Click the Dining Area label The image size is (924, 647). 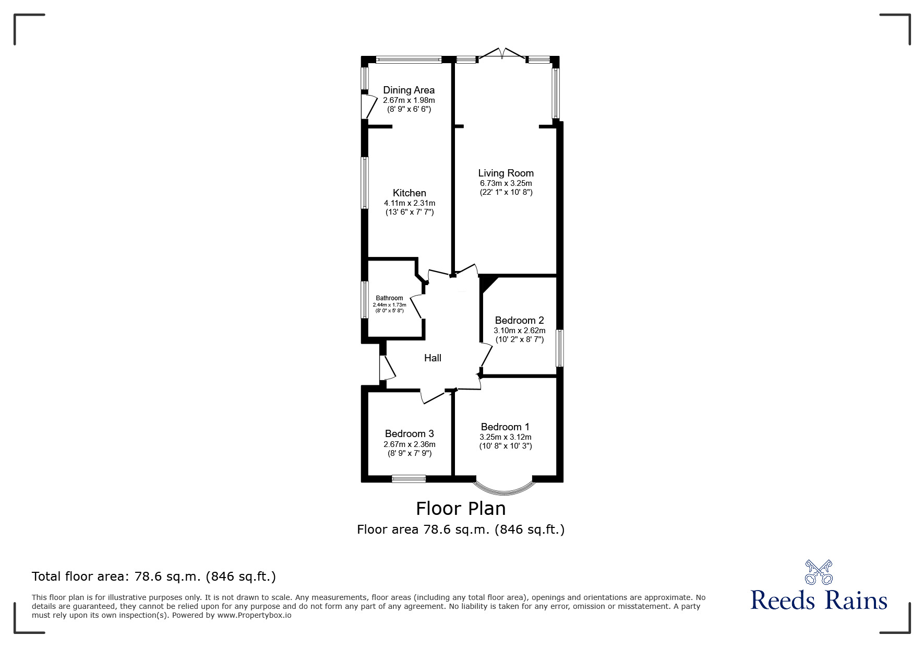click(x=409, y=90)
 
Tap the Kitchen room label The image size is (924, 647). click(x=410, y=193)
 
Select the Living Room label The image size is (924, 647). click(x=506, y=173)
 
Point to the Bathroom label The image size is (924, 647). click(x=389, y=298)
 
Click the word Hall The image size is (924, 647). click(x=433, y=358)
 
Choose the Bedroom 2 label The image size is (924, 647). click(x=519, y=321)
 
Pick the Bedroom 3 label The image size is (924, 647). click(x=409, y=434)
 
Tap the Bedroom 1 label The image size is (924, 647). click(x=505, y=427)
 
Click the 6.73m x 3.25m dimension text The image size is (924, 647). click(x=506, y=183)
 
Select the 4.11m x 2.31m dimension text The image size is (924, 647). click(x=410, y=203)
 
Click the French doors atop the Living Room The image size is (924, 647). click(x=502, y=54)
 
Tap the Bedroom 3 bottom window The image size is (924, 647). click(x=409, y=478)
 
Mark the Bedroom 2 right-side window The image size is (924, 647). click(x=559, y=348)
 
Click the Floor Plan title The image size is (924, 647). click(x=461, y=509)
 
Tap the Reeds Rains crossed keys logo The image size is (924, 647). click(x=819, y=572)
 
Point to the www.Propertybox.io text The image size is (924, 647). click(x=254, y=615)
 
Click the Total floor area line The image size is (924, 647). click(x=154, y=577)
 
